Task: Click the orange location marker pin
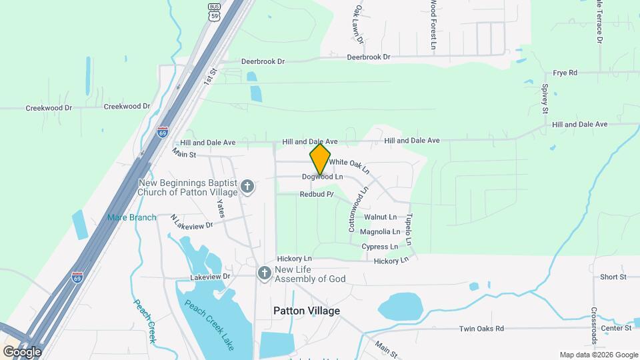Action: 320,159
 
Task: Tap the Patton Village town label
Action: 307,311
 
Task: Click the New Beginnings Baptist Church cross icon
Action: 247,186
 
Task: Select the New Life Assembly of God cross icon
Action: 264,273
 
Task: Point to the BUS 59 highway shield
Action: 213,13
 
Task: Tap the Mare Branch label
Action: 132,217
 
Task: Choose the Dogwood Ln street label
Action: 322,177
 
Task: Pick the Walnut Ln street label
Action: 381,217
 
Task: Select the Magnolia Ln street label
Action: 380,232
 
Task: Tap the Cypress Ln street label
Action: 380,247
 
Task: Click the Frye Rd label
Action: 565,73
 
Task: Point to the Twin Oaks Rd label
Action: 482,329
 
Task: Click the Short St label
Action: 613,277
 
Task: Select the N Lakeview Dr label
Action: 191,222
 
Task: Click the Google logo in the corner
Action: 22,351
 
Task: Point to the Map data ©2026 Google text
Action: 599,355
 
